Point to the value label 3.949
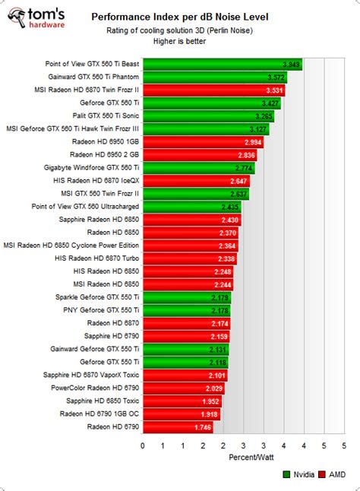(290, 65)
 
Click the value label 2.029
(213, 388)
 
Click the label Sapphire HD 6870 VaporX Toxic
(94, 375)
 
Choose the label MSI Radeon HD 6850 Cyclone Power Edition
(71, 245)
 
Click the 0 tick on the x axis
(143, 445)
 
